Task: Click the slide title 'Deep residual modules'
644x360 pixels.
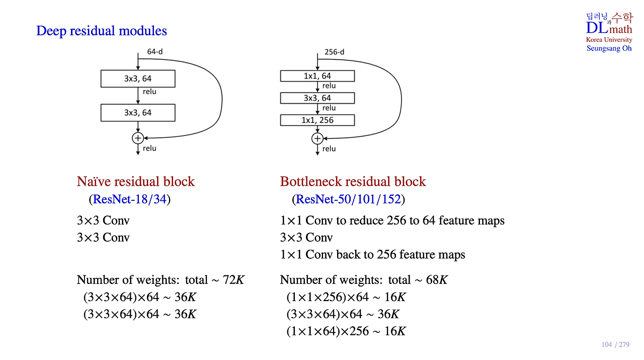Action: click(102, 31)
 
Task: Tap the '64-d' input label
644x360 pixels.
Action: click(154, 51)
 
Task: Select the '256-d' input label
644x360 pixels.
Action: click(334, 52)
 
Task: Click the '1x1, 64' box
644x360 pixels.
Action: click(317, 76)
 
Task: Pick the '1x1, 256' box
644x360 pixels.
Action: click(317, 120)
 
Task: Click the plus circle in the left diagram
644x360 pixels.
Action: click(138, 138)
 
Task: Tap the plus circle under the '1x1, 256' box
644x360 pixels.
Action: click(317, 138)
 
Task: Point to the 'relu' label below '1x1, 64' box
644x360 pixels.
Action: click(329, 86)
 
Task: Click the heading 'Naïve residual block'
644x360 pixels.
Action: click(136, 182)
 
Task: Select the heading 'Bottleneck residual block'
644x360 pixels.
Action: click(353, 182)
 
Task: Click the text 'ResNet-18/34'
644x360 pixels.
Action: click(130, 199)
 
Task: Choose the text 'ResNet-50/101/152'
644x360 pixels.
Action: click(348, 199)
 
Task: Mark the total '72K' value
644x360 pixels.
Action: click(233, 280)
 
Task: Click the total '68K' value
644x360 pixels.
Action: click(437, 280)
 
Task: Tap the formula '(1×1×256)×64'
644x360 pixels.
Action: click(328, 297)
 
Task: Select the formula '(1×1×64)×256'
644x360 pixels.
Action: click(328, 331)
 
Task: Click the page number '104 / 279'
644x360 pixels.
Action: click(615, 344)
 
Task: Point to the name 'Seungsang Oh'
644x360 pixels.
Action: click(609, 48)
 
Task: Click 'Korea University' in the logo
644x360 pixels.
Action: click(609, 40)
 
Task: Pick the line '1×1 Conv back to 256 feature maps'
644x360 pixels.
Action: click(372, 255)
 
